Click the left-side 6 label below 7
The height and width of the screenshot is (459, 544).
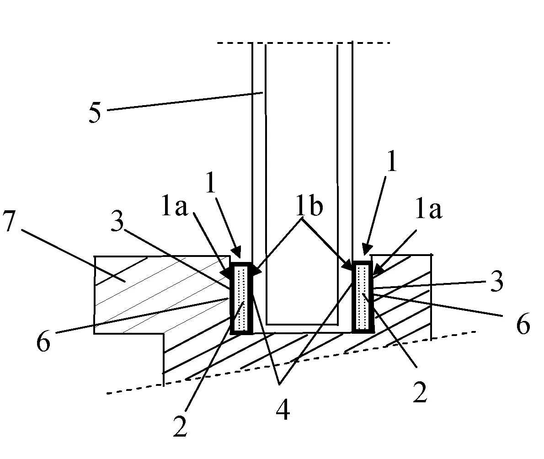tap(43, 343)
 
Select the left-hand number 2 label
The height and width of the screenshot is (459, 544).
tap(180, 426)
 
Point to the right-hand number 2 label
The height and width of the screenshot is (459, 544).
tap(419, 393)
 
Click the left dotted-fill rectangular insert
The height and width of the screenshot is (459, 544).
tap(242, 298)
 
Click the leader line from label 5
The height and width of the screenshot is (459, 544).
tap(183, 101)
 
